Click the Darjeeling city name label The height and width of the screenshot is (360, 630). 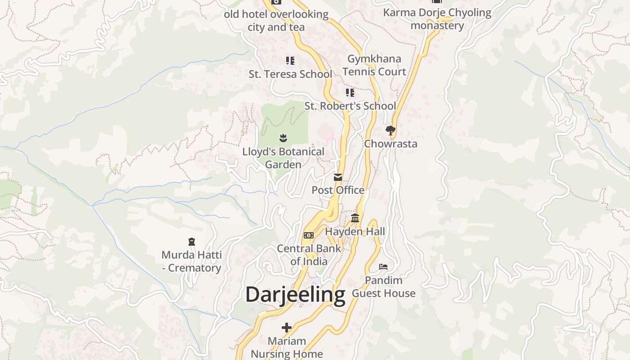tap(295, 295)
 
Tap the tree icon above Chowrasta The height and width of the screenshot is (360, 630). tap(391, 130)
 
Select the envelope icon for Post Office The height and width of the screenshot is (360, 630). tap(338, 177)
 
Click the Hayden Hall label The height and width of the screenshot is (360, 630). tap(355, 231)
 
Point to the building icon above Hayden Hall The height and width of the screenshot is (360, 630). tap(355, 218)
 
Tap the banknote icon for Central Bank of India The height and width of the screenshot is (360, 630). tap(308, 235)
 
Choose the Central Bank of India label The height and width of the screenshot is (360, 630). tap(309, 255)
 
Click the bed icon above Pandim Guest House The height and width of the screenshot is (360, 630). tap(383, 267)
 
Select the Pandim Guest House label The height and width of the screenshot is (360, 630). tap(383, 287)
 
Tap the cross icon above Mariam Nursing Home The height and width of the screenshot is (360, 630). tap(287, 327)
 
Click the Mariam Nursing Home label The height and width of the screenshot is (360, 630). tap(287, 347)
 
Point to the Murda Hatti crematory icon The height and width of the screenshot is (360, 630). tap(192, 242)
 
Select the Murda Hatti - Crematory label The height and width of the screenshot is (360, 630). tap(192, 261)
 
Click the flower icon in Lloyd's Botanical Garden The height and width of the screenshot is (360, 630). tap(283, 138)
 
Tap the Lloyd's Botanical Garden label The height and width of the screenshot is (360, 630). tap(283, 158)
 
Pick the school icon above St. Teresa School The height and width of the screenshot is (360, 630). tap(290, 60)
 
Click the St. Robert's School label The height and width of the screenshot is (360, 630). tap(350, 106)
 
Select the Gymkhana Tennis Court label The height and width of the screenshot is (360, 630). tap(374, 65)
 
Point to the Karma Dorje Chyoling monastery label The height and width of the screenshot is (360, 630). tap(437, 19)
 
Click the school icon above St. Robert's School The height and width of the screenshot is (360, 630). tap(350, 93)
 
